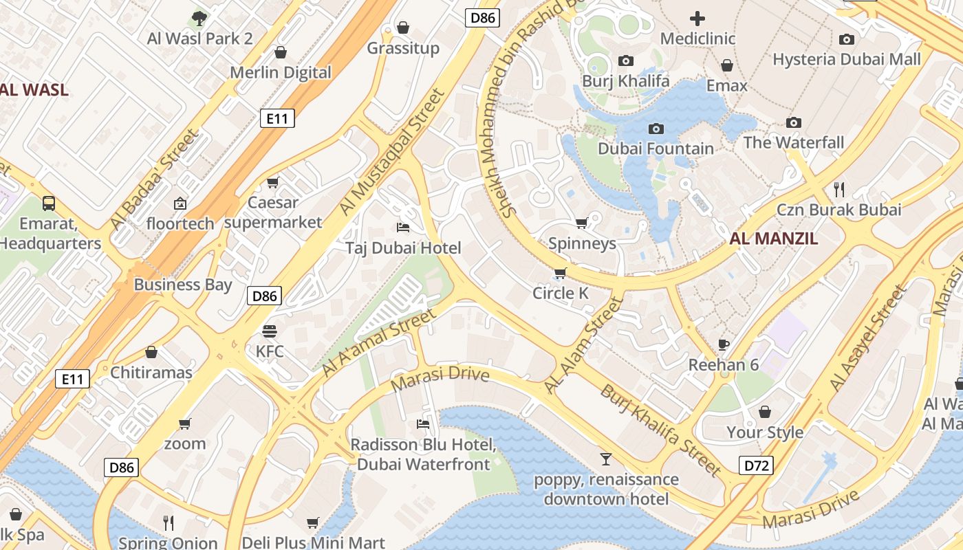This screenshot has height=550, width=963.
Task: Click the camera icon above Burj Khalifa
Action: [x=625, y=60]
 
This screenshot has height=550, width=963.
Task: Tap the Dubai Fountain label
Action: [x=656, y=148]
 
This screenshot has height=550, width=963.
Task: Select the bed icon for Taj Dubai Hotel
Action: [x=403, y=228]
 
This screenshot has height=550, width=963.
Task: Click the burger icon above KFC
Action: [x=270, y=331]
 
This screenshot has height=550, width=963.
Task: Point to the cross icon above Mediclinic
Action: [x=697, y=19]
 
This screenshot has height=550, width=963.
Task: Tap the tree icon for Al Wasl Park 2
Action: [x=199, y=18]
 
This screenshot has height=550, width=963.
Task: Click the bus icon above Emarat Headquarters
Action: [x=49, y=203]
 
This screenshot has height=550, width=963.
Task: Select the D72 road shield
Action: [x=756, y=465]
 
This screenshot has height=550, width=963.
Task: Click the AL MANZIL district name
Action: [x=774, y=239]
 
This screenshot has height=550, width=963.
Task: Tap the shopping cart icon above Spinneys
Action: [x=581, y=223]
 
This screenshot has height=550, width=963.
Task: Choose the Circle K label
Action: [x=561, y=294]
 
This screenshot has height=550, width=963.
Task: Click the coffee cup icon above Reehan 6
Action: [x=723, y=344]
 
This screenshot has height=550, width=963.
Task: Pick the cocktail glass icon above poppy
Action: [x=605, y=459]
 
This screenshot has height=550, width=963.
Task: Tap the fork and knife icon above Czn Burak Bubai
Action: [x=838, y=189]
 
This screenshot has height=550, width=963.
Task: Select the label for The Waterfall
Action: [x=793, y=142]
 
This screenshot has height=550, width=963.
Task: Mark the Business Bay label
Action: [x=183, y=285]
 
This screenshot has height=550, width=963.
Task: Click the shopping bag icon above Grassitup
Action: [x=403, y=27]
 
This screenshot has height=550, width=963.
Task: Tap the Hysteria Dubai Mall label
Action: [x=846, y=59]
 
